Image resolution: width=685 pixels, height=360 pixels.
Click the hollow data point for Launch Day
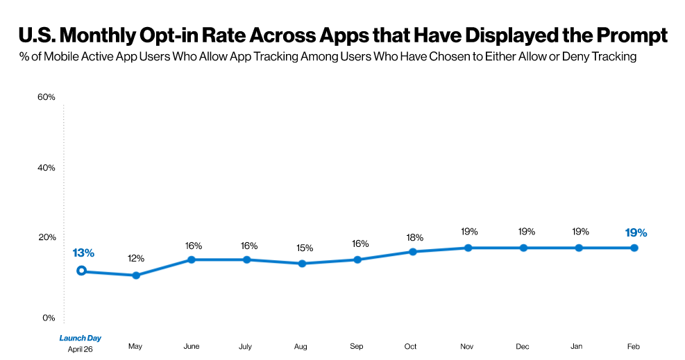click(x=81, y=271)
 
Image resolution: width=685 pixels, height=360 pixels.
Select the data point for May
click(x=136, y=275)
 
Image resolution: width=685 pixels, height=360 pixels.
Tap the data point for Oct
click(x=413, y=252)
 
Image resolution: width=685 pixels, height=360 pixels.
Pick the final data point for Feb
click(x=634, y=248)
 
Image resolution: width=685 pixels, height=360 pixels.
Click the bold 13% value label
click(x=83, y=252)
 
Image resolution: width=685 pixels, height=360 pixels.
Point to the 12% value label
click(x=136, y=259)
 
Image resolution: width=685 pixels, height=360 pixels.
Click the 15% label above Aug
click(x=304, y=248)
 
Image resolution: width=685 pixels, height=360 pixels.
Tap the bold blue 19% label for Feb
click(x=636, y=232)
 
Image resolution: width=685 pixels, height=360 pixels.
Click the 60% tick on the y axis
click(x=46, y=97)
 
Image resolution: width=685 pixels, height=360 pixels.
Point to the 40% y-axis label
click(x=46, y=168)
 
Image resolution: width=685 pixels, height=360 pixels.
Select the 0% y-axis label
click(x=49, y=318)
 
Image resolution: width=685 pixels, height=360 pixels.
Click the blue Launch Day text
click(x=81, y=338)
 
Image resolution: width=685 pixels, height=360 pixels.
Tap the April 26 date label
click(x=81, y=349)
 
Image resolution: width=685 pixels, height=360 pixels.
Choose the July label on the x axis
click(x=245, y=345)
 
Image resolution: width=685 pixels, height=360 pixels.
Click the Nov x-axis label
click(x=468, y=345)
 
